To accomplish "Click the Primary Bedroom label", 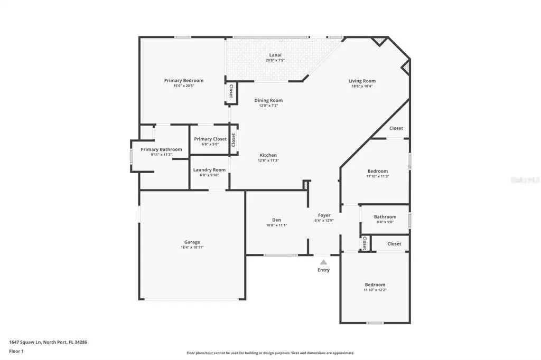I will [183, 81].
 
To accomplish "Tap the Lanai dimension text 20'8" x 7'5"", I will [275, 60].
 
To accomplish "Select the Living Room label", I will [362, 81].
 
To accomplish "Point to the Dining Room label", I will [268, 100].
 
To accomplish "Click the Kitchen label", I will [268, 155].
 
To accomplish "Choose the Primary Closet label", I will [210, 139].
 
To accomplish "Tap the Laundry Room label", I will [209, 170].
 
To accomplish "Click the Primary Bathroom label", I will [161, 149].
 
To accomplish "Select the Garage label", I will [192, 242].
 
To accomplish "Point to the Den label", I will [276, 220].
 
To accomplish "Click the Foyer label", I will [324, 215].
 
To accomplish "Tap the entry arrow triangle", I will [323, 261].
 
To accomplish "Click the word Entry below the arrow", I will [323, 270].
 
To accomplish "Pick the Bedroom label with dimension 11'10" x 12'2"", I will [375, 285].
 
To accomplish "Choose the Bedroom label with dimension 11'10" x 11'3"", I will [378, 171].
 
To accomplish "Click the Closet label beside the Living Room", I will [396, 128].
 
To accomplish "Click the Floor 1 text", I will [16, 351].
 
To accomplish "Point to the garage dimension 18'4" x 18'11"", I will [192, 247].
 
